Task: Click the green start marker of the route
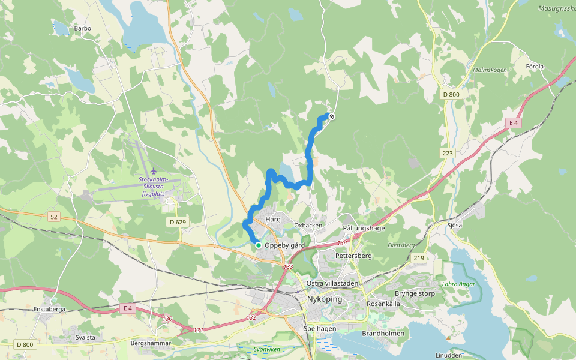(x=258, y=245)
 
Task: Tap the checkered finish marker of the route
(x=332, y=116)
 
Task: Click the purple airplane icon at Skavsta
(x=154, y=172)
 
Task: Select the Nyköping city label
(x=324, y=299)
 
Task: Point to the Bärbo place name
(x=82, y=28)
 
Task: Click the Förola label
(x=534, y=66)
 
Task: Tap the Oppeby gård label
(x=284, y=245)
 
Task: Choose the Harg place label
(x=273, y=220)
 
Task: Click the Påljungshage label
(x=364, y=229)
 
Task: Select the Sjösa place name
(x=472, y=226)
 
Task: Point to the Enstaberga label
(x=49, y=310)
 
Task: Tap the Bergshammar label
(x=151, y=344)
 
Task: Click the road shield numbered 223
(x=448, y=154)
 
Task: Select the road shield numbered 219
(x=419, y=258)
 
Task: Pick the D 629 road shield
(x=177, y=223)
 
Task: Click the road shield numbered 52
(x=54, y=217)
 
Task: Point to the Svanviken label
(x=267, y=349)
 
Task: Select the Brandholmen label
(x=383, y=333)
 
